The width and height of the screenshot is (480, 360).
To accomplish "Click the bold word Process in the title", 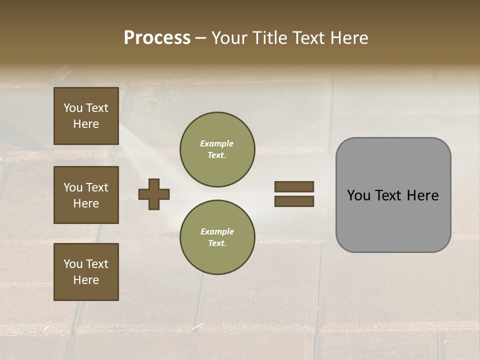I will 157,38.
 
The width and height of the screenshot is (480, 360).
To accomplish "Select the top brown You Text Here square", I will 86,116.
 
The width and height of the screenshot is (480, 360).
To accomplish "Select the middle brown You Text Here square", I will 86,195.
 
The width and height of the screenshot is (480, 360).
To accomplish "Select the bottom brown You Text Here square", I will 86,272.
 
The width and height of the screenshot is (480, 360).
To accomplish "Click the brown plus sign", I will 154,194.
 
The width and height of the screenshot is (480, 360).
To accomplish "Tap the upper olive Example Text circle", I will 217,149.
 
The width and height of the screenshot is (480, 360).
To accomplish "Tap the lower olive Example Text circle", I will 217,237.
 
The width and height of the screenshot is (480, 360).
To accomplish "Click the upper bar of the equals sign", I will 294,186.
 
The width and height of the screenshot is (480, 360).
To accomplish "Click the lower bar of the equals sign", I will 294,201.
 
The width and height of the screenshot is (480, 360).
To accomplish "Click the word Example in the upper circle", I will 217,144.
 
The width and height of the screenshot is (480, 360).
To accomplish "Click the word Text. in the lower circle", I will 217,243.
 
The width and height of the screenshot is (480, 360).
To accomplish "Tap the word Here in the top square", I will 86,124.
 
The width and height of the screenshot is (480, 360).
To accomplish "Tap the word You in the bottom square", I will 73,264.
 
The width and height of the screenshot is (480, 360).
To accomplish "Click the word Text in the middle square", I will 97,187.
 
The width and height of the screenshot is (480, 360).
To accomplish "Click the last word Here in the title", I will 348,38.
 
